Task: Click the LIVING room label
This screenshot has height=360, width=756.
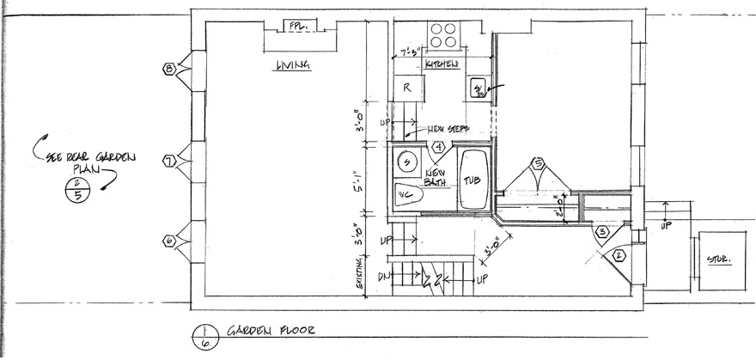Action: click(292, 66)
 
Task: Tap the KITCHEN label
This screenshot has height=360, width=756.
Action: click(440, 64)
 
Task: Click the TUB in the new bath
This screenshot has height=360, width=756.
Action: click(472, 180)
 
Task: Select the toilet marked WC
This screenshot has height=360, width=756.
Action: click(408, 195)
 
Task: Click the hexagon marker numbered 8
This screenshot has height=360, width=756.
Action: click(170, 68)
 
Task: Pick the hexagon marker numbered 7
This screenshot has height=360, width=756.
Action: click(170, 160)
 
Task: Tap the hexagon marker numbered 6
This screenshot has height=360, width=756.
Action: click(170, 242)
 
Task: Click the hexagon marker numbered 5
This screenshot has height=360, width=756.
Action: click(539, 163)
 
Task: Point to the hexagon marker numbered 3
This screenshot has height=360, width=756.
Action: click(602, 231)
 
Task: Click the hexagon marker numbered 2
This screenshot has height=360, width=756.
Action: click(619, 255)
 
